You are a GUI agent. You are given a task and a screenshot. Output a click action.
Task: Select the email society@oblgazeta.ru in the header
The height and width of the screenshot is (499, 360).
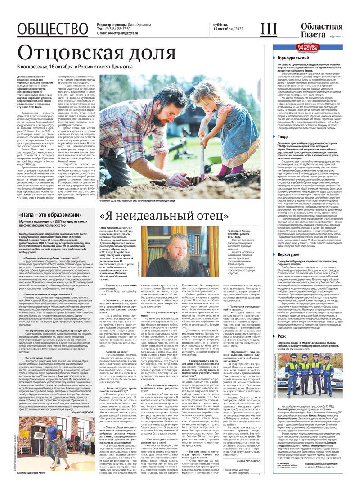pos(122,33)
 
